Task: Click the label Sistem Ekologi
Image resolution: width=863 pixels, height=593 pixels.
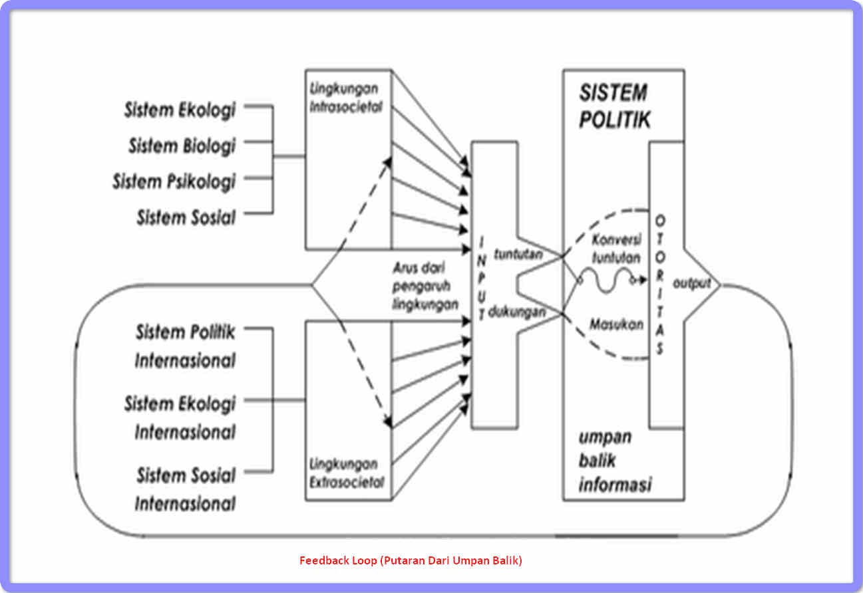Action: click(180, 110)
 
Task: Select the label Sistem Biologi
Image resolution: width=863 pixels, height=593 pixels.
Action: click(182, 145)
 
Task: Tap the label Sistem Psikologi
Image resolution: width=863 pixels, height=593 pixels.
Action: click(174, 181)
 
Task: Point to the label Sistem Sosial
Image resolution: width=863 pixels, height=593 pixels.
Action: click(186, 217)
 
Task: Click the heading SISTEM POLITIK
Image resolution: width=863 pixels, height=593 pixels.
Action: click(614, 106)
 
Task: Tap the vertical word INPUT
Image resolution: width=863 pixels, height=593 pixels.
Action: click(483, 280)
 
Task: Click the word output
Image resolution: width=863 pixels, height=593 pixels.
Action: click(692, 283)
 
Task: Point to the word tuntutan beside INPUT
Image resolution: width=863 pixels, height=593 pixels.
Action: click(518, 253)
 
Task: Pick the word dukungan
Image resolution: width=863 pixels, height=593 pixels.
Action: click(517, 310)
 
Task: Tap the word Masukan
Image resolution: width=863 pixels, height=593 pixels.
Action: click(616, 324)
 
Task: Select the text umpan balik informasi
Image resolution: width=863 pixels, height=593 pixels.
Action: click(613, 461)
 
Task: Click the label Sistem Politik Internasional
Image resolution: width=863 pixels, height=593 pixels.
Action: click(185, 346)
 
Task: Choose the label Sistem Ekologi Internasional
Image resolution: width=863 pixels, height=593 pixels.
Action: click(180, 417)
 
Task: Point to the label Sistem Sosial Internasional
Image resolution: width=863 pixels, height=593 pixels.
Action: click(186, 489)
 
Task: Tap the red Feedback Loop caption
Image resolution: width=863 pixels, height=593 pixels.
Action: click(411, 560)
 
